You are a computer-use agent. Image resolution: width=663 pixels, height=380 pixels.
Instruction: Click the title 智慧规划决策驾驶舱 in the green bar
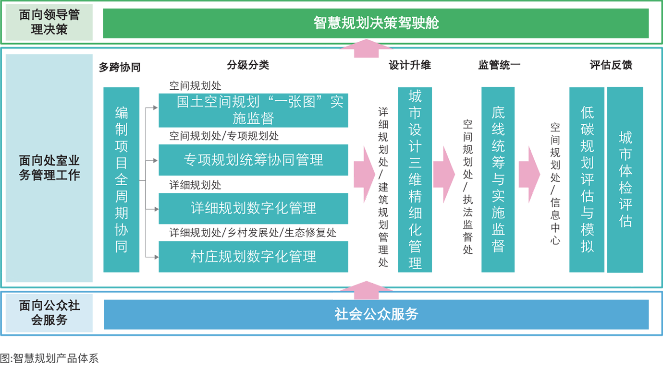click(376, 23)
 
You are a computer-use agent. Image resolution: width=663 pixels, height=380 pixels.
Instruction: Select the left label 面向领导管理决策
click(49, 22)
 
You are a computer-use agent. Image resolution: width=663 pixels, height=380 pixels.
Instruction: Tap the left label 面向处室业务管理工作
click(49, 167)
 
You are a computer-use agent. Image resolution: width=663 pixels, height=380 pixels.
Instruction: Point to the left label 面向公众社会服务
click(49, 313)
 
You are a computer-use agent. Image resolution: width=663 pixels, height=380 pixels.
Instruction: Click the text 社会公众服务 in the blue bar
click(376, 314)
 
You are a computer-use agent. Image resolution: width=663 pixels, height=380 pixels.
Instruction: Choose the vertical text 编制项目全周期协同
click(122, 180)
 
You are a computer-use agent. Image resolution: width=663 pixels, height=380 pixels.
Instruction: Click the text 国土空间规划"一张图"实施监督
click(260, 110)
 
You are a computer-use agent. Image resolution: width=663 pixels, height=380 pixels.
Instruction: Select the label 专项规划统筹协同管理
click(253, 159)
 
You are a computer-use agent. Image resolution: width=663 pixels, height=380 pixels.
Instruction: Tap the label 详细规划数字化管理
click(253, 208)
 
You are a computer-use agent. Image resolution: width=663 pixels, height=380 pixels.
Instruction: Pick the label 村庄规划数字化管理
click(253, 256)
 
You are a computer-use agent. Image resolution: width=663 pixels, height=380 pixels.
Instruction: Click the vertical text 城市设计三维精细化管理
click(415, 180)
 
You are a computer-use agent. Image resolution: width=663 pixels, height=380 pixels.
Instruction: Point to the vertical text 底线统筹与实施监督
click(498, 180)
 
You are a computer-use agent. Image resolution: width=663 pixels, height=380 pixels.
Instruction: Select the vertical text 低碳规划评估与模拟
click(587, 180)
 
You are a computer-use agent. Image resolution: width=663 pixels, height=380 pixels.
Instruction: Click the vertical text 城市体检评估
click(625, 180)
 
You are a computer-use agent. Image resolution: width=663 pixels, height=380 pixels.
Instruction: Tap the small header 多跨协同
click(119, 67)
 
